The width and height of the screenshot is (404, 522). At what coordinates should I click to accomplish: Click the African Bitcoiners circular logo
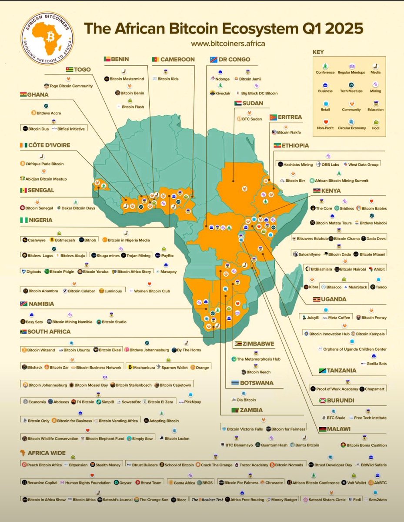(47, 39)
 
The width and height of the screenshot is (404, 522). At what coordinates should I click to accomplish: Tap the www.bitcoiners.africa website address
(228, 43)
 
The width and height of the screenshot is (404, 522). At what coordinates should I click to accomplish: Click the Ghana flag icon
(23, 94)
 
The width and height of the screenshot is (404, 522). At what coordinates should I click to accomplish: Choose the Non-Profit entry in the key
(325, 125)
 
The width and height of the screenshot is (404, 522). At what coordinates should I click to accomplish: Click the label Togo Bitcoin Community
(71, 86)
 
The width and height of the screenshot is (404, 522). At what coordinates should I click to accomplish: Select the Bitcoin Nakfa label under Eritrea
(288, 132)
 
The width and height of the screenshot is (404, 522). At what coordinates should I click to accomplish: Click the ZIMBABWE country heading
(258, 344)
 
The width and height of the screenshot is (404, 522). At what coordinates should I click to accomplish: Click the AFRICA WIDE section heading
(44, 453)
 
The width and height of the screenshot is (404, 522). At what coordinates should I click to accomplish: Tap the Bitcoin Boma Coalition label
(366, 445)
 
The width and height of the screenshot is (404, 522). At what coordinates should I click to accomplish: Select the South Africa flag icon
(23, 332)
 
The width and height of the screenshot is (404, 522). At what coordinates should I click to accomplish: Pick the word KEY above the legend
(318, 52)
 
